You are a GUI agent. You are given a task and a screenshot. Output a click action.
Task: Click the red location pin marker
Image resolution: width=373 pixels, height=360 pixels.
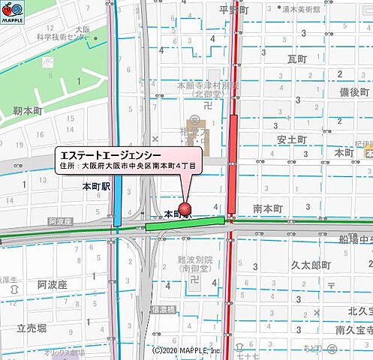point(184,209)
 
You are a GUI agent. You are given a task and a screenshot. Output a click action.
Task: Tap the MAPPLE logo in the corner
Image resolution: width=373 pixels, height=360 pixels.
point(14,13)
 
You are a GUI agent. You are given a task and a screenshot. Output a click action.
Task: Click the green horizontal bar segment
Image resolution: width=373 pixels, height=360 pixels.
point(185,223)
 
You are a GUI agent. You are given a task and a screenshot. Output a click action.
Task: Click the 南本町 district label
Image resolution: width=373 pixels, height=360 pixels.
point(267,208)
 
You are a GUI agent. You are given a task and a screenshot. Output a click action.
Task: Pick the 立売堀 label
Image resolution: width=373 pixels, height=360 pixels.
point(32,328)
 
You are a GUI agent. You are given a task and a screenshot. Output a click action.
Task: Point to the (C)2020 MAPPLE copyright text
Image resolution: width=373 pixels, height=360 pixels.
point(186,350)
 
